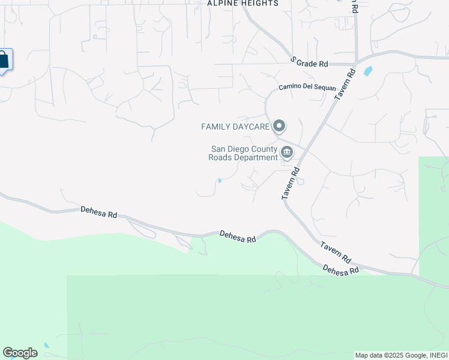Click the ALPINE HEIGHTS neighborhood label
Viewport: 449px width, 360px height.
(243, 3)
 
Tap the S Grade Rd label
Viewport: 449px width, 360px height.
(310, 62)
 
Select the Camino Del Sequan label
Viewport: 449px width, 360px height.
(307, 88)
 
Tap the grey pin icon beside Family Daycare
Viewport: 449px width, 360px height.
(279, 127)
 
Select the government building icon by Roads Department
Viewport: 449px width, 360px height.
(287, 154)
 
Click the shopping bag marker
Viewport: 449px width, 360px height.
(3, 60)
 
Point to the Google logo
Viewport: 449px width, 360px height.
(20, 353)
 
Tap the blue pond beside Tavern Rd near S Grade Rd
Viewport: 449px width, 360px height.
(367, 71)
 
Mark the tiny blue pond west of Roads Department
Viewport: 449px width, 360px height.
(220, 181)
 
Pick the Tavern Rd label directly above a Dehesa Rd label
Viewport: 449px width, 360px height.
(335, 253)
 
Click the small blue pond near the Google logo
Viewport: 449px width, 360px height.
(46, 346)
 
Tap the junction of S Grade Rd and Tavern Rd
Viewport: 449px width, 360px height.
(355, 62)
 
